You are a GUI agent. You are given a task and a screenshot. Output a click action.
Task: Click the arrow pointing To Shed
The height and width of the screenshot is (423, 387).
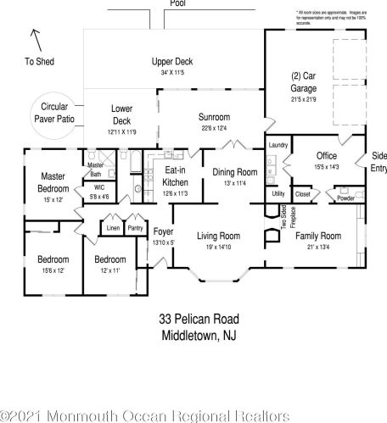[x=35, y=36]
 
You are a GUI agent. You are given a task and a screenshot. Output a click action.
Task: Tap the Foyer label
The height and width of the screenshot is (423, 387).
[x=165, y=231]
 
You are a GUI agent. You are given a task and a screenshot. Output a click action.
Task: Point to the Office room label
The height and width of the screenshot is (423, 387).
[x=327, y=156]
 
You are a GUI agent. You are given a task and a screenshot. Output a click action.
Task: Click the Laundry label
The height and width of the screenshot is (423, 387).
[x=278, y=145]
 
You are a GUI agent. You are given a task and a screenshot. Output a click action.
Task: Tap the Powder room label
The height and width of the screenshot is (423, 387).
[x=346, y=198]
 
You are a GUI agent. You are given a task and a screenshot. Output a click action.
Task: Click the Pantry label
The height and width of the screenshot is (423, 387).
[x=135, y=227]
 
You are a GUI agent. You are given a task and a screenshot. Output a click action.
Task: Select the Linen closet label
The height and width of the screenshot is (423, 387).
[x=113, y=227]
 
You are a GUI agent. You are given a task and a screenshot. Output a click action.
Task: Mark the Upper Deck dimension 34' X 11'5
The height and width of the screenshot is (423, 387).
[x=172, y=74]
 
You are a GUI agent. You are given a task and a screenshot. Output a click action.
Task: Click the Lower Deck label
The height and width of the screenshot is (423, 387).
[x=122, y=114]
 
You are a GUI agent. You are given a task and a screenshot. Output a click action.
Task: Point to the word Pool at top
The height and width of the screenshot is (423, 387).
[x=178, y=3]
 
